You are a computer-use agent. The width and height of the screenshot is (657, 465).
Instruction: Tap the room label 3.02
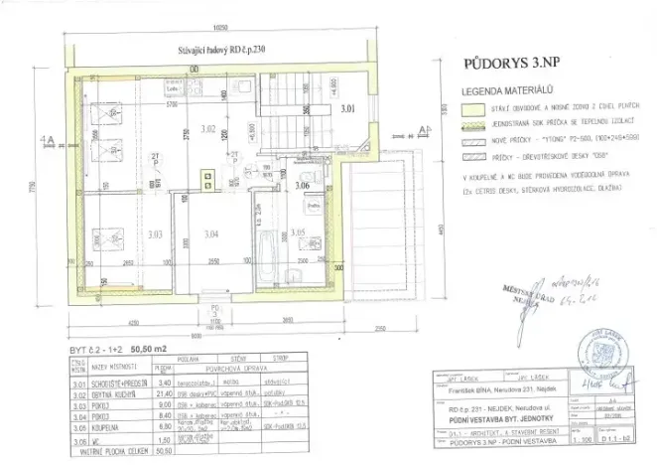[x=208, y=129]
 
